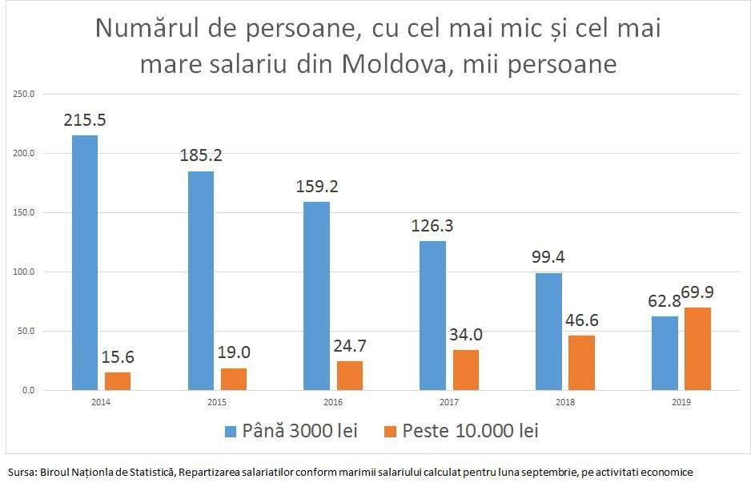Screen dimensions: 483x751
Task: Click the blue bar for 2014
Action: (x=85, y=263)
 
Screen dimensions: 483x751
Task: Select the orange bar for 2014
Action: (x=118, y=381)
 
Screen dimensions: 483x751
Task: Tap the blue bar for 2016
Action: (x=316, y=296)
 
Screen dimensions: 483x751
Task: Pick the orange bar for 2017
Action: (x=466, y=370)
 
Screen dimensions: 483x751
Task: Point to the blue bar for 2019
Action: (x=665, y=353)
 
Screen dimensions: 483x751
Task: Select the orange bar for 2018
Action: (x=581, y=363)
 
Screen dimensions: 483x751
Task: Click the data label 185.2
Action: (x=201, y=155)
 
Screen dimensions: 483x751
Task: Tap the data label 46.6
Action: (x=581, y=320)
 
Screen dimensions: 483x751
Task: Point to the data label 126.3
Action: (x=432, y=226)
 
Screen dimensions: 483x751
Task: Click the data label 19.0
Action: (x=234, y=352)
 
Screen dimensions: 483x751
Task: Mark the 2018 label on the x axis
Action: (x=565, y=403)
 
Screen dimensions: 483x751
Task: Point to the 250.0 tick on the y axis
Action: (x=25, y=94)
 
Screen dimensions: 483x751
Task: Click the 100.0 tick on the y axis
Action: (x=25, y=272)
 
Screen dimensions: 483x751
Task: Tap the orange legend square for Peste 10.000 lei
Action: (x=391, y=431)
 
